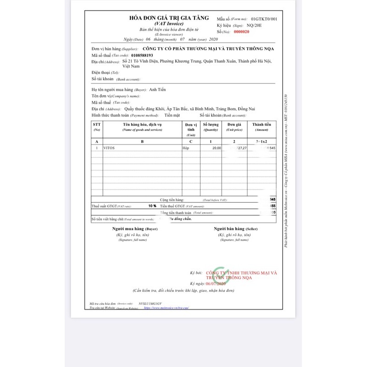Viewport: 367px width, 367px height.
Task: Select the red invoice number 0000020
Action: [241, 32]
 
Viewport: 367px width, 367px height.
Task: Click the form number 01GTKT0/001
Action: [263, 19]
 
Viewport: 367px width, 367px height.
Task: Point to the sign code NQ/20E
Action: [256, 25]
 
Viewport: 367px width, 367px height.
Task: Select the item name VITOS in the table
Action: [110, 148]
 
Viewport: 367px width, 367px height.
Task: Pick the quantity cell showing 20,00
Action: [216, 148]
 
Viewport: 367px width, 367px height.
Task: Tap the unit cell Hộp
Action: [186, 148]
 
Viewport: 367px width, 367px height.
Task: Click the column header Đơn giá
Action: [234, 125]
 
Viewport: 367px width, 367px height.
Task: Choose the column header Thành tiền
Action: [261, 125]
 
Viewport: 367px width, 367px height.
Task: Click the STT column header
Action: [96, 125]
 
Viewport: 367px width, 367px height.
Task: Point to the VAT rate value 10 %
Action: [152, 206]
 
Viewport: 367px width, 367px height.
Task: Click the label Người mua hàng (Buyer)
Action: [135, 228]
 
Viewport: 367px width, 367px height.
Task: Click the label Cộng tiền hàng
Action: [172, 200]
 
